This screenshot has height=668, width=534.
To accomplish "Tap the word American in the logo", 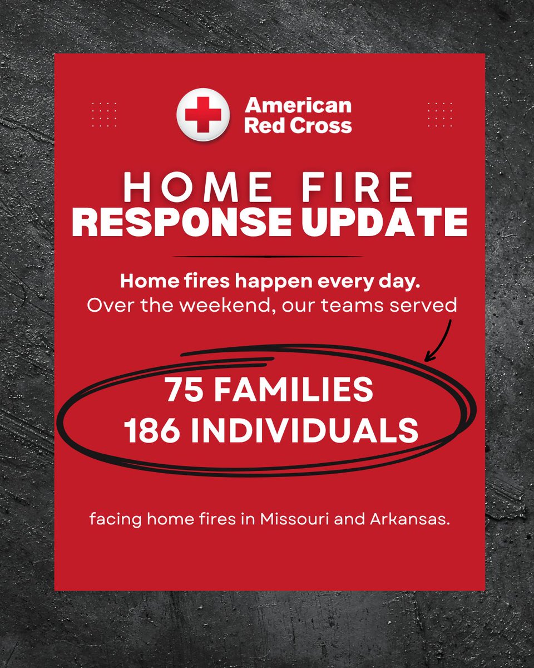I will click(298, 106).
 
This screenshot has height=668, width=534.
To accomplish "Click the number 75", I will click(181, 391).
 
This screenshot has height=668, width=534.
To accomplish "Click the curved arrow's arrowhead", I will click(429, 358).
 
